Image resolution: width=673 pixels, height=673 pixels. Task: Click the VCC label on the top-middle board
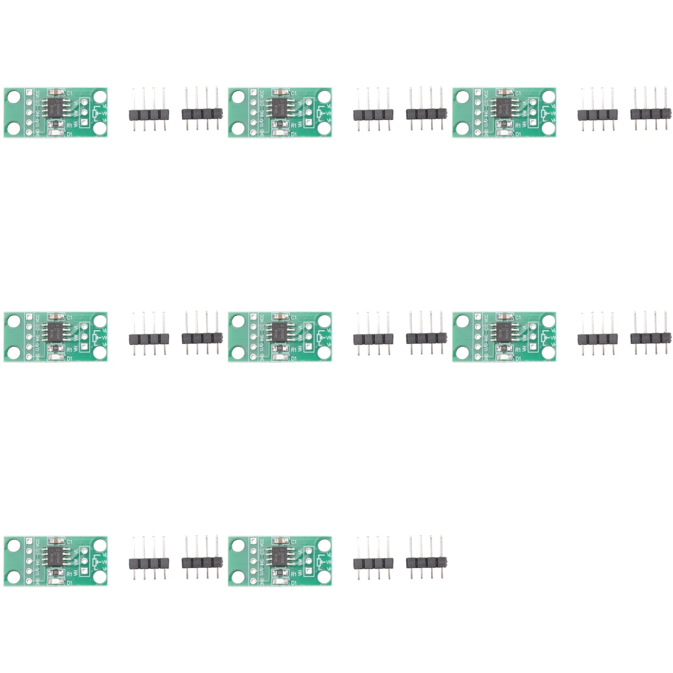(x=262, y=94)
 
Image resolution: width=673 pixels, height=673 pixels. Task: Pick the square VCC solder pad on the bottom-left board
(x=29, y=541)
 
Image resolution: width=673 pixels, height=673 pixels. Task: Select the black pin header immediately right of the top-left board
(x=149, y=114)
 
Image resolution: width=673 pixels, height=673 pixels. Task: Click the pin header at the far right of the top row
(x=650, y=114)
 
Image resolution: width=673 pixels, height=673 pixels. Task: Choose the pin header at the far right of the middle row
(x=650, y=338)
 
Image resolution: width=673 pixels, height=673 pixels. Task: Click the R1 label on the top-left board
(x=69, y=125)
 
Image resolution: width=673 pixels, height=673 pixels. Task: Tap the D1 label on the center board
(x=293, y=359)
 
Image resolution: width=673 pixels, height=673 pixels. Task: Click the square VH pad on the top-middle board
(x=309, y=123)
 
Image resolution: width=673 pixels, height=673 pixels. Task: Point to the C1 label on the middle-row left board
(x=69, y=317)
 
